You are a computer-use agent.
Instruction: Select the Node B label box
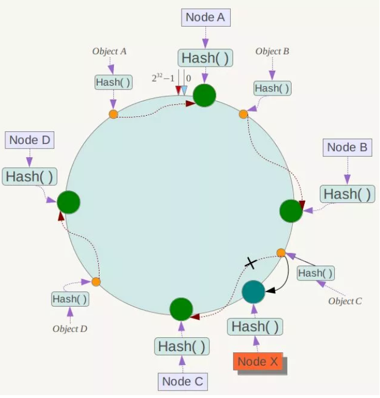(x=347, y=148)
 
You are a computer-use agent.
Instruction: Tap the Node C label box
(x=182, y=381)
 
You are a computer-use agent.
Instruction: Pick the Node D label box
(x=30, y=139)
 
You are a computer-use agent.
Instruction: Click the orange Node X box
(x=259, y=362)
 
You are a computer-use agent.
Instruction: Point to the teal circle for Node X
(x=253, y=292)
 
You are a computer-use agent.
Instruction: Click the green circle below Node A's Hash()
(x=204, y=95)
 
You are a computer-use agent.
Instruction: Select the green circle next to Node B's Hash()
(x=291, y=211)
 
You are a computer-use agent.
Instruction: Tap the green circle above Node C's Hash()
(x=181, y=309)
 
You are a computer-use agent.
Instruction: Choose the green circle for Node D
(x=68, y=202)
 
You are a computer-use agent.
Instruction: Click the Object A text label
(x=109, y=51)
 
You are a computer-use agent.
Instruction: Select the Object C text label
(x=345, y=301)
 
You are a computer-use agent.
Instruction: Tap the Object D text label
(x=70, y=329)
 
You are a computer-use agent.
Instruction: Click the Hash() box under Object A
(x=113, y=82)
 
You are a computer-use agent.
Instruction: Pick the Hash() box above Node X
(x=254, y=327)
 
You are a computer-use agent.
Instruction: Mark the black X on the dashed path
(x=250, y=263)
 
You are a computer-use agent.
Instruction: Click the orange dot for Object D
(x=96, y=282)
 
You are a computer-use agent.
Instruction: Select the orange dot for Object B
(x=244, y=114)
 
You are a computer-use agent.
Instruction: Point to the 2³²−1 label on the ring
(x=163, y=78)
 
